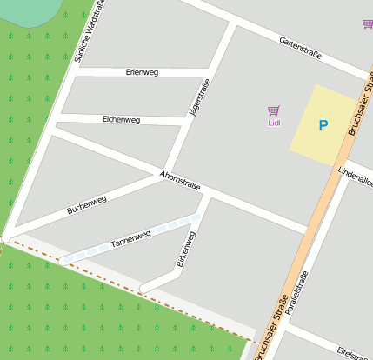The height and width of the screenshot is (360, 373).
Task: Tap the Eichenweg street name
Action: pyautogui.click(x=121, y=118)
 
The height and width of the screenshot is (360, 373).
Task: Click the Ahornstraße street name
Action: pyautogui.click(x=180, y=181)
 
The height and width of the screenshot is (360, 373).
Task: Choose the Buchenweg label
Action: pyautogui.click(x=87, y=205)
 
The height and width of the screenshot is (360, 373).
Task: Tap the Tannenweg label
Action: pyautogui.click(x=131, y=240)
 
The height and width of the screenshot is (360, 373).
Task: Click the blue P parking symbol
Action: pyautogui.click(x=323, y=126)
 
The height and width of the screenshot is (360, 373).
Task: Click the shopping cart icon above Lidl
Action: pyautogui.click(x=274, y=110)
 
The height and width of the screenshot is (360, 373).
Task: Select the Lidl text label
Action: pyautogui.click(x=274, y=123)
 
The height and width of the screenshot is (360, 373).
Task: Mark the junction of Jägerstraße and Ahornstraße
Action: pyautogui.click(x=165, y=170)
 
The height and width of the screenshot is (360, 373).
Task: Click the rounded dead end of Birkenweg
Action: pyautogui.click(x=145, y=285)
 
